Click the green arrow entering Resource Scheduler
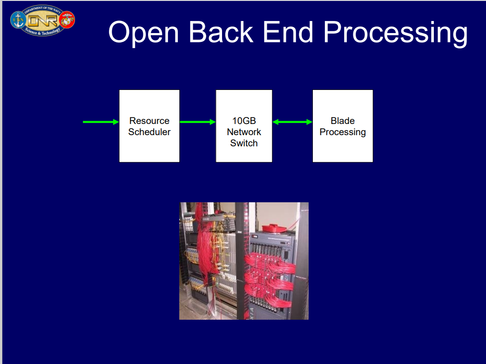101,122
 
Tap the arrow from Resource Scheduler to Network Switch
197,122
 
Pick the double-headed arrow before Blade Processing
292,122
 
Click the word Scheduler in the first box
149,132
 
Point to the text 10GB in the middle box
244,121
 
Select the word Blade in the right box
343,121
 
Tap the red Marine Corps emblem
67,20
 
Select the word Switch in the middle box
244,143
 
